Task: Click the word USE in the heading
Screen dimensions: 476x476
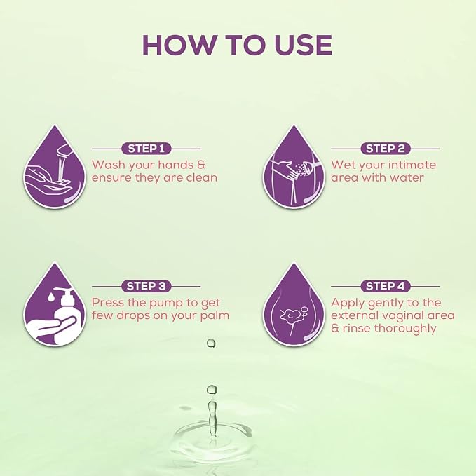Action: coord(303,45)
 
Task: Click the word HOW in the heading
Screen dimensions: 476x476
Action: coord(178,45)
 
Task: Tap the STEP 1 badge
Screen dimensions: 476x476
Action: coord(147,149)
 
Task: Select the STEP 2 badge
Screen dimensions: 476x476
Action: coord(386,149)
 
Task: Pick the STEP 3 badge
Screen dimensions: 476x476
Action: coord(147,286)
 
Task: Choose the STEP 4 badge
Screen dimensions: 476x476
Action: coord(386,286)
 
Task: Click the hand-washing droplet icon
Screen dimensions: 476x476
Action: coord(55,167)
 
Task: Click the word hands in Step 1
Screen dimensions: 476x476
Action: coord(176,165)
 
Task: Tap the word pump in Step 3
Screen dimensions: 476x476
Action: coord(166,304)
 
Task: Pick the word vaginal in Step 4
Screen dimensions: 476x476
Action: coord(402,316)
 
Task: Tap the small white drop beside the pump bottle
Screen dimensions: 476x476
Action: coord(51,297)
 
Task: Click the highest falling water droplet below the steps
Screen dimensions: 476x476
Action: coord(211,344)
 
